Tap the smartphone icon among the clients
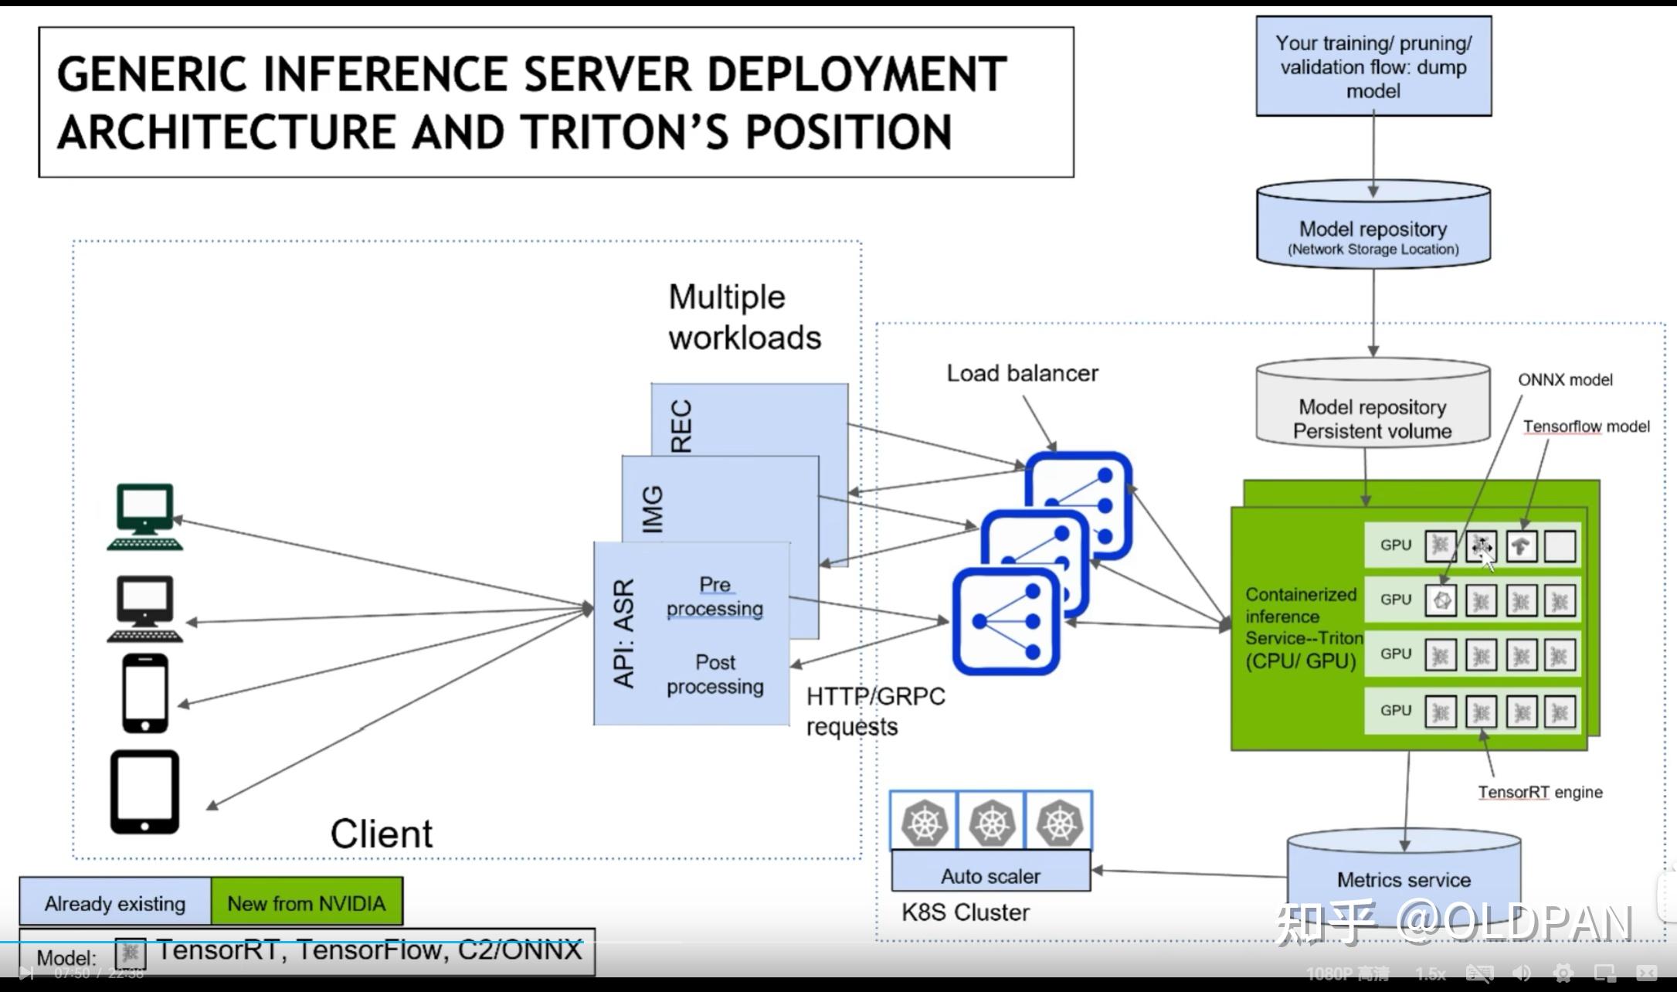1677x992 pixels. click(x=145, y=693)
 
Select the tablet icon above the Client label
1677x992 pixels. click(x=144, y=792)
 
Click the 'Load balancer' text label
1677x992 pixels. click(x=1022, y=373)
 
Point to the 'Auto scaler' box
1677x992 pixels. click(x=990, y=876)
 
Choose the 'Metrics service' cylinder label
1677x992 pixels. click(x=1403, y=879)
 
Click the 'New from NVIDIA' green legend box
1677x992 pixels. click(x=307, y=902)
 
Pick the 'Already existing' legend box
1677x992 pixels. click(x=115, y=902)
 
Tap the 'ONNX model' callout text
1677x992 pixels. click(x=1564, y=380)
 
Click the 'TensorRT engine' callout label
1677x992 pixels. click(x=1540, y=792)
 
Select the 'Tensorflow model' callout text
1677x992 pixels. click(x=1585, y=426)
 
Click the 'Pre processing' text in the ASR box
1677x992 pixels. click(x=715, y=596)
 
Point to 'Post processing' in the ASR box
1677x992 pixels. click(x=715, y=674)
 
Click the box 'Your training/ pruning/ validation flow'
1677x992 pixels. click(x=1373, y=67)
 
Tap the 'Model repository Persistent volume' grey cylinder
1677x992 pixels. click(x=1372, y=418)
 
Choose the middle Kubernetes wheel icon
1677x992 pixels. click(x=991, y=822)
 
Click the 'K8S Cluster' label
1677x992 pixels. click(x=965, y=912)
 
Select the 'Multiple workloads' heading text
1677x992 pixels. click(x=743, y=318)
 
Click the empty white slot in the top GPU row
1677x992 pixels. click(x=1560, y=545)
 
